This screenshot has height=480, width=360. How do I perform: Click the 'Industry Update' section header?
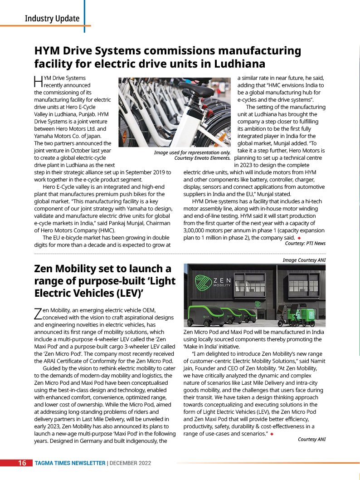pos(52,19)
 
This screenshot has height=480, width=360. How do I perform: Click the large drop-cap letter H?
pos(38,82)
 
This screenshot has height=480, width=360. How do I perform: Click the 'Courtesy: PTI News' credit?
pos(305,243)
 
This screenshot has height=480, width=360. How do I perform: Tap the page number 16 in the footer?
pos(22,463)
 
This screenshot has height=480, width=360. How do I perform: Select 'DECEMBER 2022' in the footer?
pos(130,463)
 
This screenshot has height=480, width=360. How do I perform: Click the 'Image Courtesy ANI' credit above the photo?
pos(304,260)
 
